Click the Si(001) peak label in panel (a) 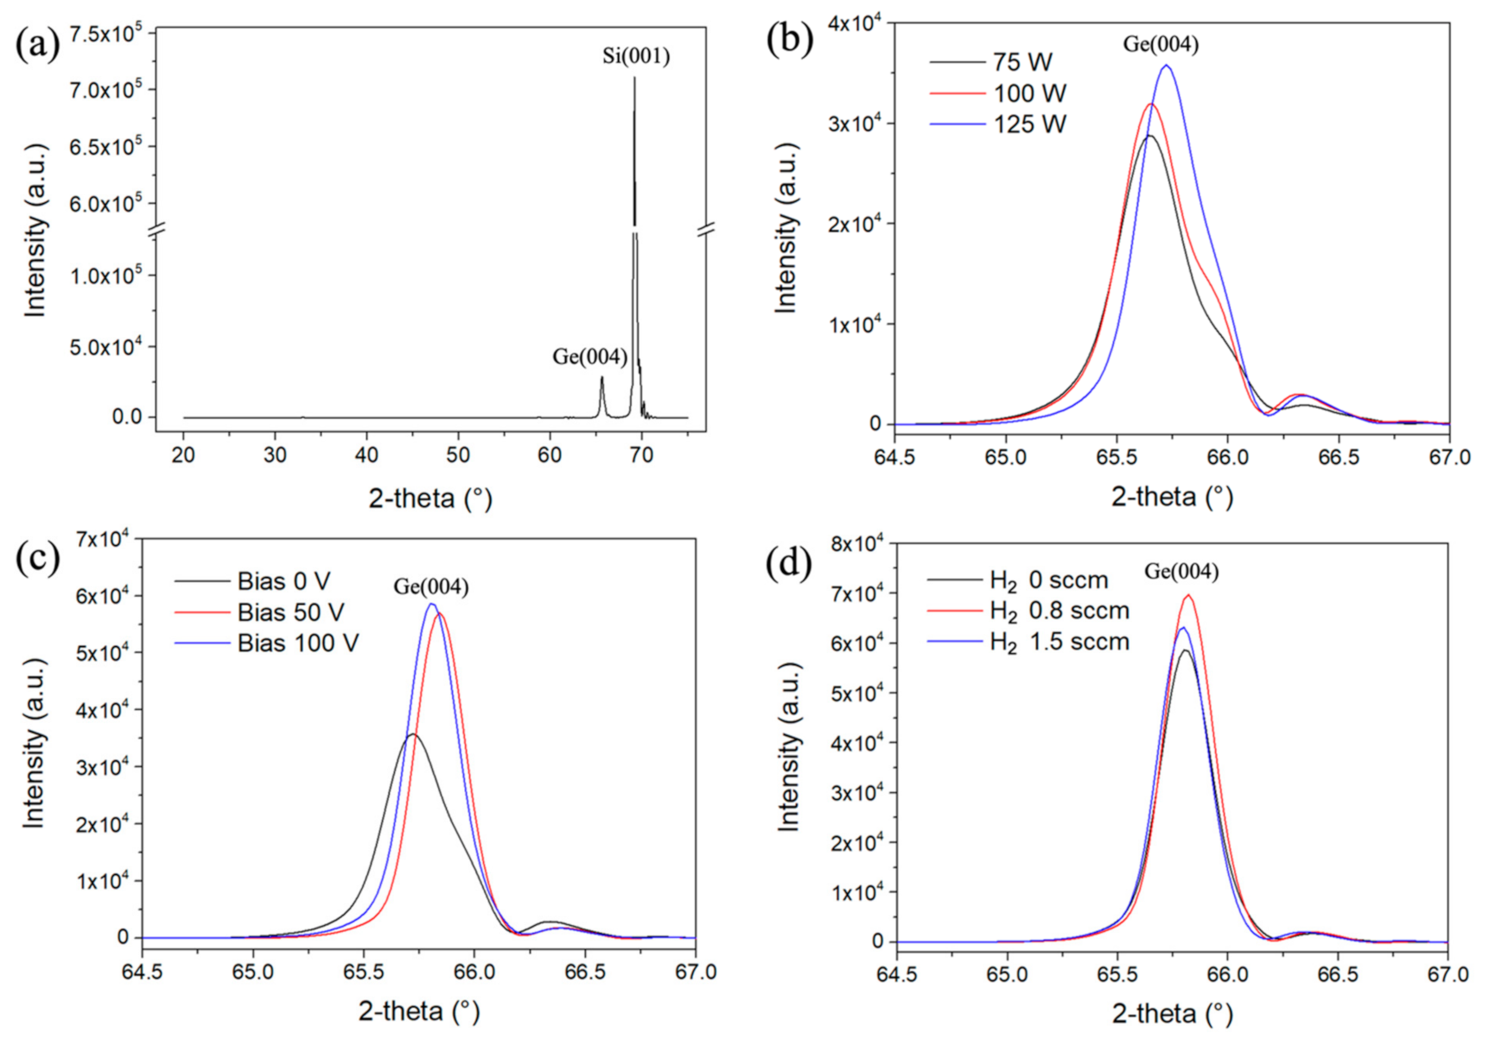636,57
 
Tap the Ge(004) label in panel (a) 589,357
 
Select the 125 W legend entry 1028,124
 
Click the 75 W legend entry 1021,62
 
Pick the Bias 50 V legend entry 290,612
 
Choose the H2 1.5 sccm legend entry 1059,643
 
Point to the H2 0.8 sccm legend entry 1059,612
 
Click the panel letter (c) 37,559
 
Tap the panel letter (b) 790,41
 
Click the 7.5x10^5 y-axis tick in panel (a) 105,34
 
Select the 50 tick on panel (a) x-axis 458,455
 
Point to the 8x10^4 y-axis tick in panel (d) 856,544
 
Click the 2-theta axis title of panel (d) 1172,1013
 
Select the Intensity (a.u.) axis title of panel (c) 33,743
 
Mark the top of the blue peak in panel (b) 1166,66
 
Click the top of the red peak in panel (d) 1188,595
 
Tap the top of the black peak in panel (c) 413,734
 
